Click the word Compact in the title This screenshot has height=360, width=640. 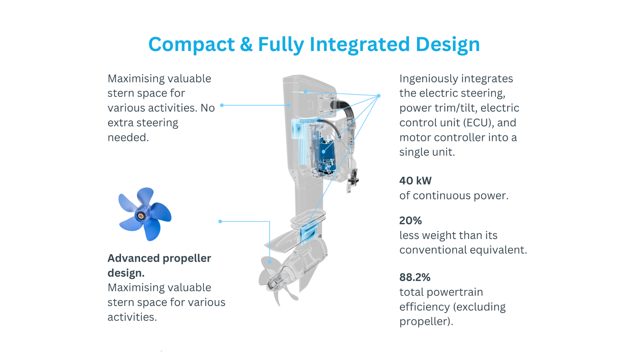[x=192, y=45]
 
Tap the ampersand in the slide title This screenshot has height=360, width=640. [x=246, y=44]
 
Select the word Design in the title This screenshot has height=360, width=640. [x=448, y=45]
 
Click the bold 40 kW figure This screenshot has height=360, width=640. [x=415, y=181]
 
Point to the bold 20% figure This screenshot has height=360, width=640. [x=411, y=220]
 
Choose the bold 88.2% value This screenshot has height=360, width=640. [x=415, y=277]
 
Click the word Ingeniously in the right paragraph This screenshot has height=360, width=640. [x=428, y=79]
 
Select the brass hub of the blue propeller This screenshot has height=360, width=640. [x=141, y=216]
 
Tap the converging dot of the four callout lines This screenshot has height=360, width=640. [x=379, y=96]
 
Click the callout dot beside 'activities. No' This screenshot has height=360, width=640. [x=222, y=105]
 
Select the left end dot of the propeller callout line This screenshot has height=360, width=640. [x=220, y=221]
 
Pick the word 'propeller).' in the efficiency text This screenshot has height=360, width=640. [x=426, y=322]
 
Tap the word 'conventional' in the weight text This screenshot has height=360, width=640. [x=433, y=250]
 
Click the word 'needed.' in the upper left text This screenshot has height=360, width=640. [x=128, y=137]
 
